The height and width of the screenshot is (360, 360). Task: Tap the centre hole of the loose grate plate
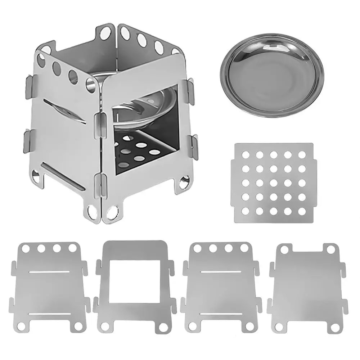coord(274,183)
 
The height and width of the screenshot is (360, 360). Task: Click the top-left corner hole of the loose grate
coord(246,155)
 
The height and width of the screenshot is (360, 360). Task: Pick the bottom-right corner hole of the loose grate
coord(302,211)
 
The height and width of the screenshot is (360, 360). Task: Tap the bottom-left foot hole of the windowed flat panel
coord(105,327)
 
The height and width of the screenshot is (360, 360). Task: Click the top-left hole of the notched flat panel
coord(284,250)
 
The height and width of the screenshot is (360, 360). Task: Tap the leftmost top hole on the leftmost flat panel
coord(26,248)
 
